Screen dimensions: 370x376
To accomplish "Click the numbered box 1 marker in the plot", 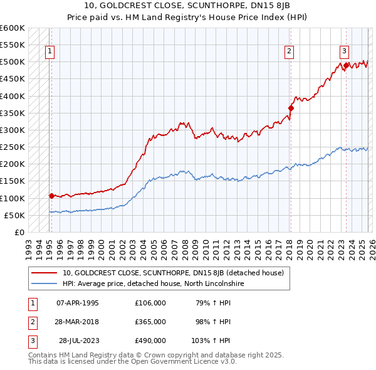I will tap(50, 52).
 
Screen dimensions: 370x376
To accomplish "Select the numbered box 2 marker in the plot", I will tap(289, 52).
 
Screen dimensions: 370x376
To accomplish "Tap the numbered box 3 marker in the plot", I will tap(345, 52).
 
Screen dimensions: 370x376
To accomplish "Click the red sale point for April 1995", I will tap(51, 196).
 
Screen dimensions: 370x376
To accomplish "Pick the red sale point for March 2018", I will tap(291, 108).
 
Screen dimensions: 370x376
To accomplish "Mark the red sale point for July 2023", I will tap(347, 65).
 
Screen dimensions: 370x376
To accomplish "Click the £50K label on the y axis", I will tap(15, 215).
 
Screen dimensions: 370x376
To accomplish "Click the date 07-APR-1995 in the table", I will tap(78, 303).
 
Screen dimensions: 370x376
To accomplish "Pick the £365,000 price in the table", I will tap(150, 322).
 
